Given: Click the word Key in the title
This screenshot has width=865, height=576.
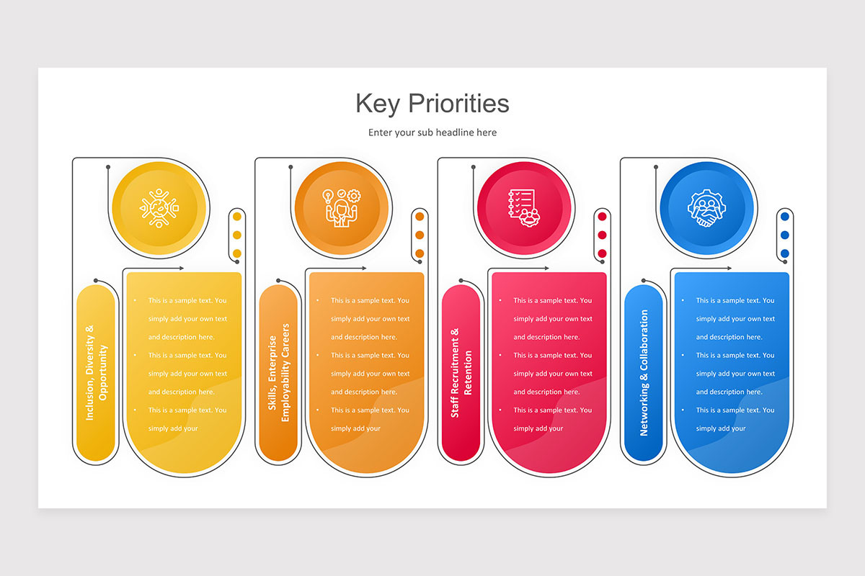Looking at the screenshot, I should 378,104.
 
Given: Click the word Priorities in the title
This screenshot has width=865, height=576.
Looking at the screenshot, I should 459,104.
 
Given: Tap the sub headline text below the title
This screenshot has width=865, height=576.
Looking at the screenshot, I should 432,132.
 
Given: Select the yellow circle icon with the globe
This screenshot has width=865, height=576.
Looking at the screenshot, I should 159,208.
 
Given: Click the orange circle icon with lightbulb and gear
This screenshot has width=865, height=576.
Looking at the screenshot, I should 342,208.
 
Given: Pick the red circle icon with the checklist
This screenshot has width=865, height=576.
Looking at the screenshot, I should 524,208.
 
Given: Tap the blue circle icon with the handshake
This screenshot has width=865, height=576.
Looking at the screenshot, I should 707,208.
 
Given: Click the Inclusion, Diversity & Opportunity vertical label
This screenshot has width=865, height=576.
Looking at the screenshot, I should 96,373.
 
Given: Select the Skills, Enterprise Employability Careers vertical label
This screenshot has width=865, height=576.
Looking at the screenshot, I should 278,373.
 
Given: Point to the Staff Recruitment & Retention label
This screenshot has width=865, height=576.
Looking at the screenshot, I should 461,373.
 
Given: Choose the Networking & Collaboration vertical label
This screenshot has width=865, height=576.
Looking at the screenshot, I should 644,373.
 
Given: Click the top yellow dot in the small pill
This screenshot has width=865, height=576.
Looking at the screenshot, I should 237,217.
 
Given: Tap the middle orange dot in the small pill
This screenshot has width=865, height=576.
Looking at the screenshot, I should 420,235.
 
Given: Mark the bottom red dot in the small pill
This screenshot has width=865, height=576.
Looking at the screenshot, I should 602,253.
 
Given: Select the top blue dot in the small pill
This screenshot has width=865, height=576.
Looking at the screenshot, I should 784,217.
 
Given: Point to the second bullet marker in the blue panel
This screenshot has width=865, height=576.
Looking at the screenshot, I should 682,356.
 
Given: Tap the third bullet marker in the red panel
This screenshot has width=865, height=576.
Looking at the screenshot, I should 500,410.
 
